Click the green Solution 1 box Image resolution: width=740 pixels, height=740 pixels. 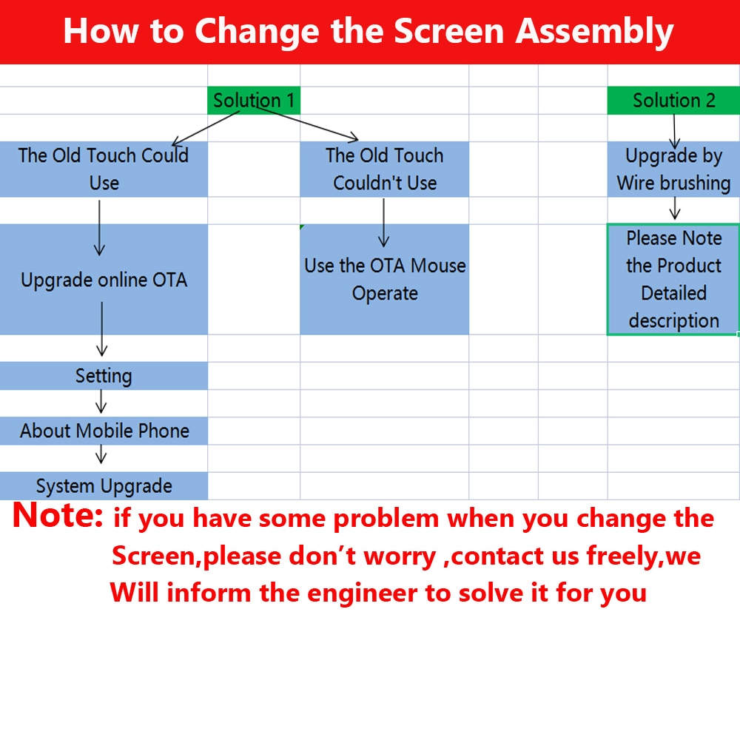tap(254, 100)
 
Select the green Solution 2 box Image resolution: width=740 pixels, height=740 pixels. tap(673, 100)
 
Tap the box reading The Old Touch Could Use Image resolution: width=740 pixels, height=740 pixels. tap(104, 169)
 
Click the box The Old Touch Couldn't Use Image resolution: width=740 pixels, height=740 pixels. tap(385, 169)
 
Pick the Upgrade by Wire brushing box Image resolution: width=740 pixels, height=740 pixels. tap(673, 169)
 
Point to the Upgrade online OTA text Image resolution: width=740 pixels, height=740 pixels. tap(104, 280)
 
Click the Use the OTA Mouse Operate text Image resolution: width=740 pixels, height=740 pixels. tap(385, 280)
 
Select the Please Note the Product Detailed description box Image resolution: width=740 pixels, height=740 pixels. tap(673, 280)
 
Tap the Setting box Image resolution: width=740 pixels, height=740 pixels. tap(104, 376)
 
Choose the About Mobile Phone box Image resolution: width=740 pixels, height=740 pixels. tap(104, 431)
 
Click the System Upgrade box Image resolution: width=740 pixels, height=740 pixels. tap(104, 485)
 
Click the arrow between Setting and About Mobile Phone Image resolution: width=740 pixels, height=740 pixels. tap(101, 402)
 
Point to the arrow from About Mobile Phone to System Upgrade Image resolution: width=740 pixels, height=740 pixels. tap(101, 454)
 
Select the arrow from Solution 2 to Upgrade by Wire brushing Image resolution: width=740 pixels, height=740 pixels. tap(674, 132)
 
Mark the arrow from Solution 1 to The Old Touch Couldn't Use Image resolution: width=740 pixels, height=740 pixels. tap(307, 124)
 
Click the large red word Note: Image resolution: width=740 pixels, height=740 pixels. tap(58, 514)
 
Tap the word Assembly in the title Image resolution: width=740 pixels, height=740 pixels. tap(595, 32)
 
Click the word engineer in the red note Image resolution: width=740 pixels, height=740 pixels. tap(362, 593)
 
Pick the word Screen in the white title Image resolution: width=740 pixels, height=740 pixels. tap(449, 32)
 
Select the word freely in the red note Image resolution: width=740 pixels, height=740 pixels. tap(622, 556)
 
